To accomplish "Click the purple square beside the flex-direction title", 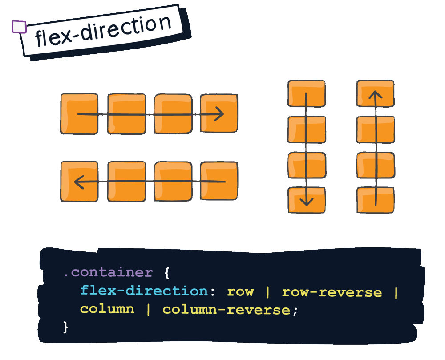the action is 19,27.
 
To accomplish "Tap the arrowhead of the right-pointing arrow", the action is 218,114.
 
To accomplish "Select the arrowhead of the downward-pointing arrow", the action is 306,201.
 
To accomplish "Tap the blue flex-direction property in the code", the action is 144,291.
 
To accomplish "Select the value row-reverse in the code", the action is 332,292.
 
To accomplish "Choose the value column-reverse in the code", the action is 227,309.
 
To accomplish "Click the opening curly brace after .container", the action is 167,272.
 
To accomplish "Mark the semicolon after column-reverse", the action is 295,311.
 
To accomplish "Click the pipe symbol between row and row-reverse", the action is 268,292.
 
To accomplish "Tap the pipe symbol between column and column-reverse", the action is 148,309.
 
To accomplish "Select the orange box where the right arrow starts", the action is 79,114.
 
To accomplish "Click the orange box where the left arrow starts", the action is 218,181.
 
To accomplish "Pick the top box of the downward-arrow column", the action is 306,93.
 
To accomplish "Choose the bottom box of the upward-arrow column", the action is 376,200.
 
